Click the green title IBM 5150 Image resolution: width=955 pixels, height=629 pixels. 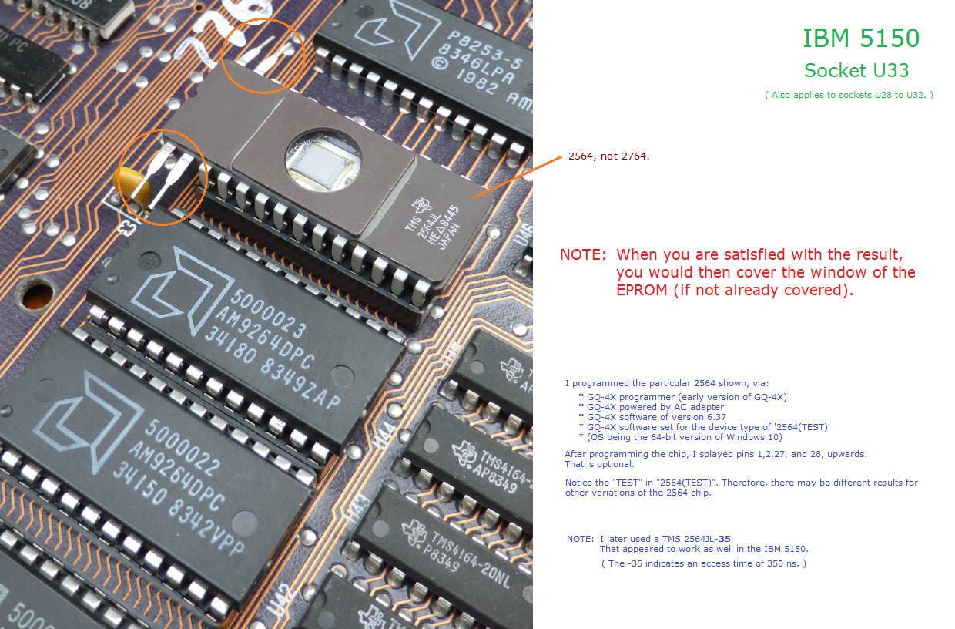[861, 38]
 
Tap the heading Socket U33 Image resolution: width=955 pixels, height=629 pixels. [856, 70]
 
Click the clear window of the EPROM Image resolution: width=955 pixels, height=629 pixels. [323, 160]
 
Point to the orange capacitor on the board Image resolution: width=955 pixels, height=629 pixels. [132, 186]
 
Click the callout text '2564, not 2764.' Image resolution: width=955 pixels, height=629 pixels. [608, 156]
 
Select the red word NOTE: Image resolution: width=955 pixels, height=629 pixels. [583, 254]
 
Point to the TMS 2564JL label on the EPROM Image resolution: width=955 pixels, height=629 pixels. [422, 225]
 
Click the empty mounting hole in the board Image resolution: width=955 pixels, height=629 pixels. [38, 295]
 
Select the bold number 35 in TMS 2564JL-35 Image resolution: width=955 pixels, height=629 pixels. [725, 539]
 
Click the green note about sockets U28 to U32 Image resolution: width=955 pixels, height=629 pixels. [849, 95]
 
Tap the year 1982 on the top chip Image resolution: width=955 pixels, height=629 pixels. [477, 81]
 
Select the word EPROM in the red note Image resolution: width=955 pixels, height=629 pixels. [642, 290]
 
